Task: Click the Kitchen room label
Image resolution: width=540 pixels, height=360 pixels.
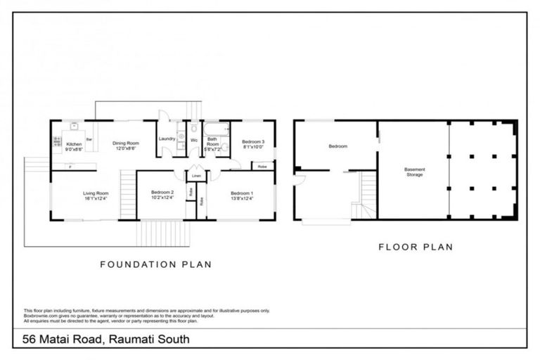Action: click(74, 144)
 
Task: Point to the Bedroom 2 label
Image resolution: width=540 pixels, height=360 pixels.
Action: click(162, 193)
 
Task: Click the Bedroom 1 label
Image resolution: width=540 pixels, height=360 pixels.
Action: click(242, 193)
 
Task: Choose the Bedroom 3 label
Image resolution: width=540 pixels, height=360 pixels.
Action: click(253, 142)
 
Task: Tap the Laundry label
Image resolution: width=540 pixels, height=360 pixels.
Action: click(167, 139)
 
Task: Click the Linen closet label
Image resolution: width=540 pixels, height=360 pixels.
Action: click(196, 174)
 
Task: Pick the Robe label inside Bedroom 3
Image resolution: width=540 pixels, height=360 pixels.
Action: click(262, 167)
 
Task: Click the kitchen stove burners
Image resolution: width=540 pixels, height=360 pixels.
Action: click(57, 143)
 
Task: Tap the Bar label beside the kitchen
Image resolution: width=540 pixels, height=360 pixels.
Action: click(89, 139)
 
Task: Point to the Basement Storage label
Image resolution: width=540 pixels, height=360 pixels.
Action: click(414, 172)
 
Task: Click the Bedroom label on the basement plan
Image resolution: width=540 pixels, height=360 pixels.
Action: click(338, 146)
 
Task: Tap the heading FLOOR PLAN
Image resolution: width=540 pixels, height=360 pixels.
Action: click(415, 247)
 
